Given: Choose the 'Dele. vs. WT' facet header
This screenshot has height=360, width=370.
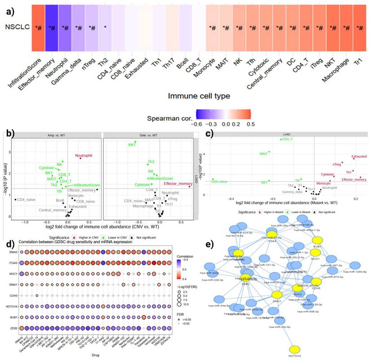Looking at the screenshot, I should coord(120,135).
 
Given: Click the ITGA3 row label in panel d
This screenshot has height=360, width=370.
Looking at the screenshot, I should coord(10,263).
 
